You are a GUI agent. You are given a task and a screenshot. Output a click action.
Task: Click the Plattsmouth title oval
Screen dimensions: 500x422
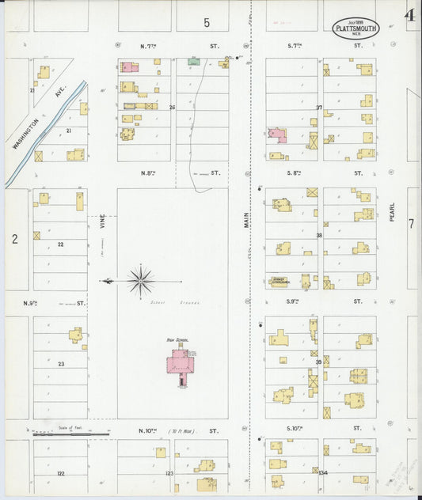(x=355, y=28)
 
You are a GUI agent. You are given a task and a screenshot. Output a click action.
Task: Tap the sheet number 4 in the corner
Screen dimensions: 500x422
(x=409, y=16)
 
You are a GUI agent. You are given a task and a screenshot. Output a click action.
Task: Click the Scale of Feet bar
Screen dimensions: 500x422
(x=71, y=434)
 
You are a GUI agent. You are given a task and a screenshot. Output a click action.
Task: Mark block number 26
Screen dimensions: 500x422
(x=171, y=107)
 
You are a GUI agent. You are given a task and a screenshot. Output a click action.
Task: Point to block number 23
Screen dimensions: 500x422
(x=60, y=364)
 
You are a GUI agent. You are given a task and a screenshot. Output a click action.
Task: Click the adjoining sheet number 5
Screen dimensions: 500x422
(x=205, y=21)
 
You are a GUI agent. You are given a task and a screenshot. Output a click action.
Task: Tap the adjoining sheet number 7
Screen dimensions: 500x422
(x=411, y=224)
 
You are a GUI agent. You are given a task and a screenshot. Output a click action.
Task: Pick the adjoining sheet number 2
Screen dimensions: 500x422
(x=14, y=237)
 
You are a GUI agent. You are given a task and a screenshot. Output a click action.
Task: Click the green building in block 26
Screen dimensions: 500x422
(x=193, y=60)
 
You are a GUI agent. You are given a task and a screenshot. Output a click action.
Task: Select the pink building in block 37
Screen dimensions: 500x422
(x=276, y=134)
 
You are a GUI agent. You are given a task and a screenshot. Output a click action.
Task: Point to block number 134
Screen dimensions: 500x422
(x=321, y=472)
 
